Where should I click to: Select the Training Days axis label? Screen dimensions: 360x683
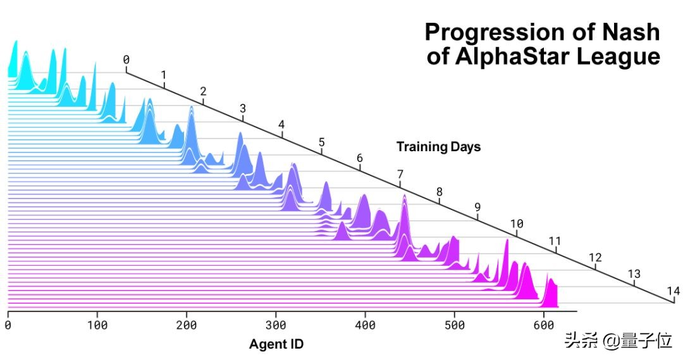coord(438,147)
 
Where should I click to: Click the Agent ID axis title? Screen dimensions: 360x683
coord(276,345)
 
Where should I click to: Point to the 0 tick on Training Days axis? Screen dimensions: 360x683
coord(126,60)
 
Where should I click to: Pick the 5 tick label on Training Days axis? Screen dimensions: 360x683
coord(321,142)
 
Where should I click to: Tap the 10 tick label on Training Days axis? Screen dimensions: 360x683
coord(517,223)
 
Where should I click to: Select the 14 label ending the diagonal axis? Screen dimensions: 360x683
coord(673,291)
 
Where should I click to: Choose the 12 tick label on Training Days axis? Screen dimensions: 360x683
coord(595,258)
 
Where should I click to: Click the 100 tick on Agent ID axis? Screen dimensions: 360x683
coord(97,325)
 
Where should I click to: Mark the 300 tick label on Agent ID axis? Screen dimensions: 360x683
coord(276,325)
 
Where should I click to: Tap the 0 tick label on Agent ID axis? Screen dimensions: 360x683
coord(8,325)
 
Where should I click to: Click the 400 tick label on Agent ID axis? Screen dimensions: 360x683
coord(365,325)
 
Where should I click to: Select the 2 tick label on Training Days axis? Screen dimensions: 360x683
coord(203,91)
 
